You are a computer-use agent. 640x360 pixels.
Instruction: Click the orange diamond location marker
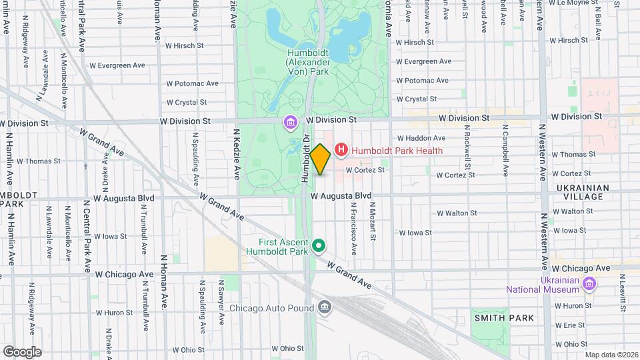click(x=320, y=159)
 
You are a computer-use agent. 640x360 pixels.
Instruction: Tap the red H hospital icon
click(x=341, y=150)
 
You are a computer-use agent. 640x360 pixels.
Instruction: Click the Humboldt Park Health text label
click(x=397, y=151)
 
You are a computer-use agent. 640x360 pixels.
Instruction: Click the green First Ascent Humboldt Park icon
click(x=319, y=246)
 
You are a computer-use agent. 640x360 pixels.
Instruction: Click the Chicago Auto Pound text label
click(x=272, y=308)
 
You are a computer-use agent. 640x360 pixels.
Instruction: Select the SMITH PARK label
click(x=503, y=318)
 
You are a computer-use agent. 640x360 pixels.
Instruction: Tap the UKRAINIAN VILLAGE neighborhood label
click(x=583, y=193)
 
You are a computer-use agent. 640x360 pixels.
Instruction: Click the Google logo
click(x=22, y=351)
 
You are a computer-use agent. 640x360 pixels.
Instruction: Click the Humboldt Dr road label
click(x=305, y=159)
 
